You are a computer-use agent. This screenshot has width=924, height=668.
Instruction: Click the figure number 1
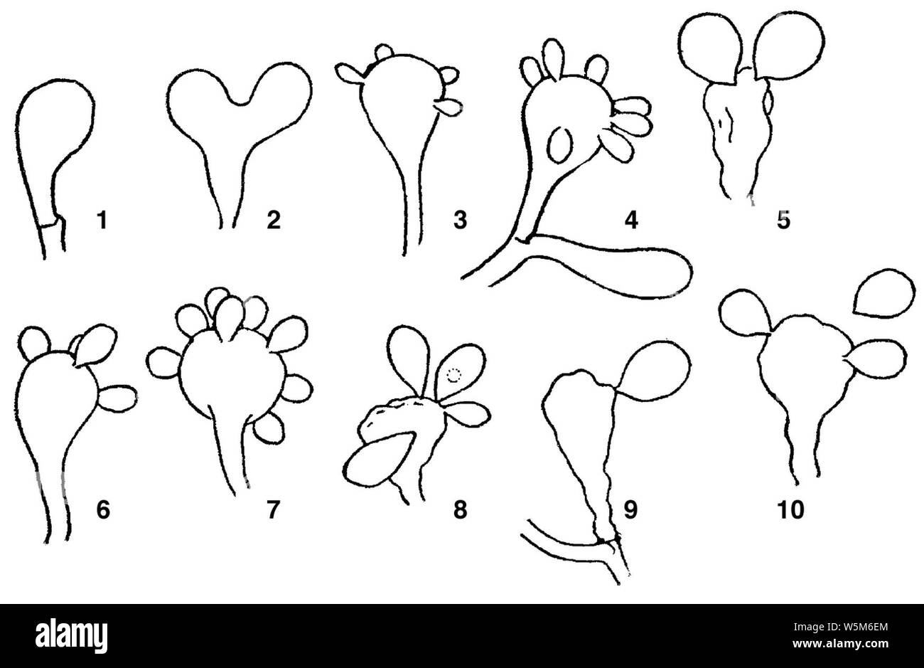102,220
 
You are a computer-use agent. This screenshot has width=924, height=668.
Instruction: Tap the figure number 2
274,220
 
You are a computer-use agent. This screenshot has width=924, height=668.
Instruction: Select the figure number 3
460,220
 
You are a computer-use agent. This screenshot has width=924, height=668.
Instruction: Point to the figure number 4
631,220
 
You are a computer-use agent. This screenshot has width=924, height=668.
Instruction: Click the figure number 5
783,220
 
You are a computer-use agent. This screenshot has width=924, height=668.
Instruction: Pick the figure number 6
103,510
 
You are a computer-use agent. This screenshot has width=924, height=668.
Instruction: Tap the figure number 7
273,510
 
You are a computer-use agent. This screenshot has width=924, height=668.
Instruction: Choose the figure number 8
460,510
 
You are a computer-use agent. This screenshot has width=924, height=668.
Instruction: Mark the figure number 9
630,510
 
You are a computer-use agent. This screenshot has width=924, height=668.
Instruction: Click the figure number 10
790,510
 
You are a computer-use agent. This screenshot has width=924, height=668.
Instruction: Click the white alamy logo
71,637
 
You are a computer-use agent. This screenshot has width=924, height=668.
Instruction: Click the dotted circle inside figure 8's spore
453,376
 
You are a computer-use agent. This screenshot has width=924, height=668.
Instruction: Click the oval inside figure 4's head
560,145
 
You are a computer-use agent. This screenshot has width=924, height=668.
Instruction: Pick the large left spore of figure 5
707,49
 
